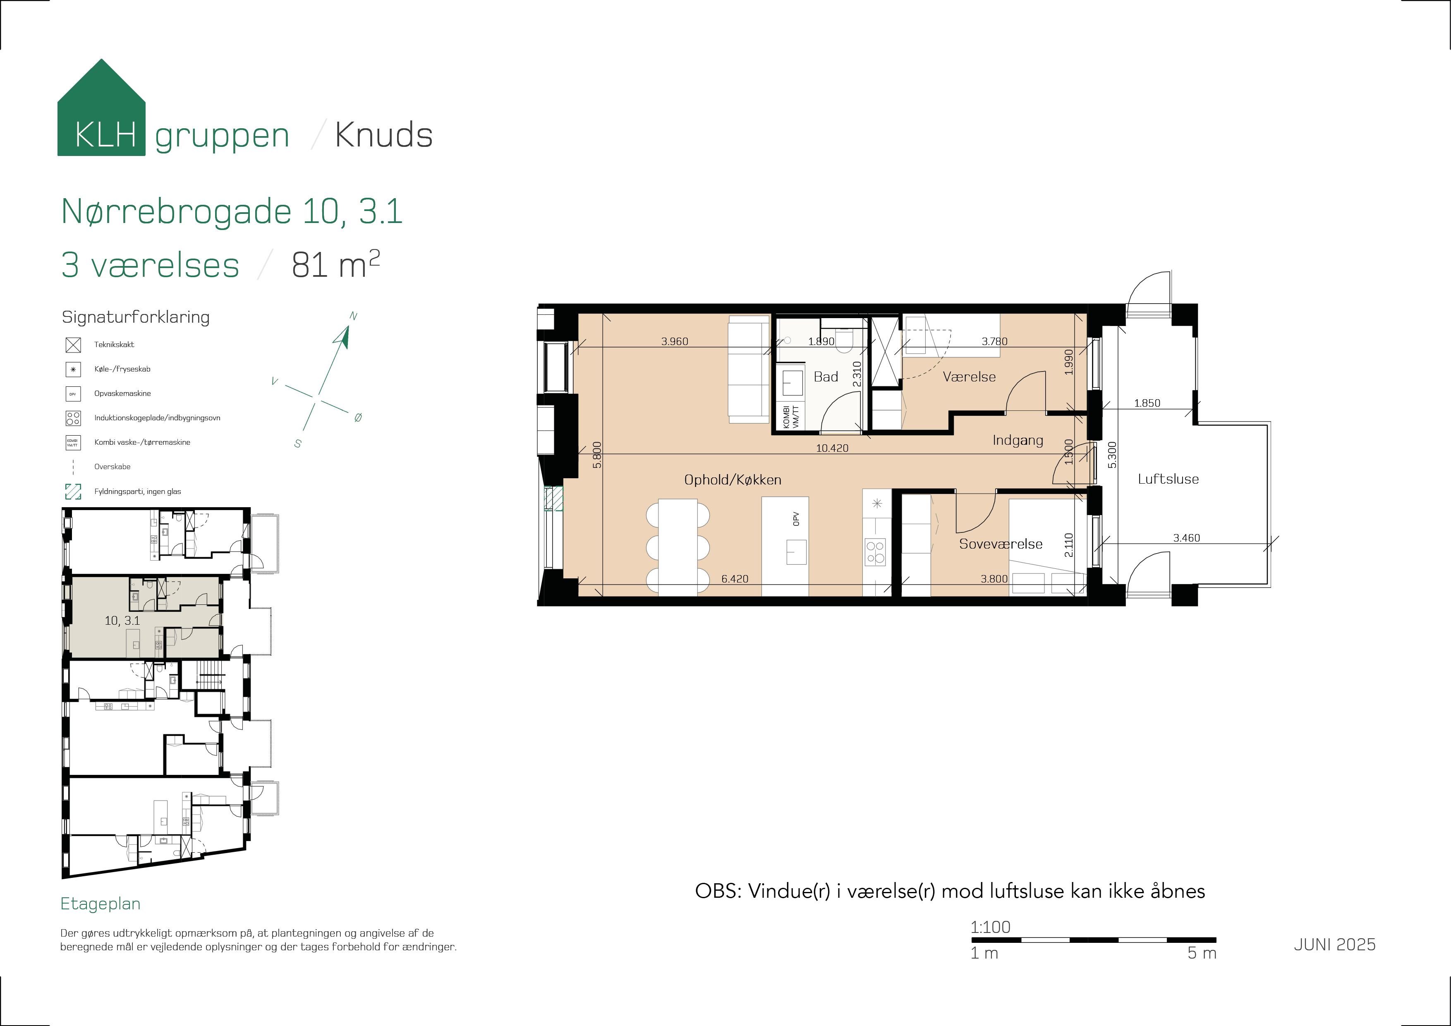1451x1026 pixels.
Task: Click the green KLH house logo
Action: [101, 108]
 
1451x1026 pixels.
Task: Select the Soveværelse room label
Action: [1001, 544]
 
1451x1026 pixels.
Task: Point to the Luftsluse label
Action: [1168, 479]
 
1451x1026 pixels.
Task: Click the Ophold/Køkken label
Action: [733, 480]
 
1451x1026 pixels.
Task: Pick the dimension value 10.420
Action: [832, 448]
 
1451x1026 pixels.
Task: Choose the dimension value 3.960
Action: [674, 341]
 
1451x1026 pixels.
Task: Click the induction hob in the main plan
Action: [875, 552]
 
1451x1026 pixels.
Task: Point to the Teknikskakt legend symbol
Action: [73, 345]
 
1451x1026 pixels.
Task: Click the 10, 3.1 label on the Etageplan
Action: [122, 621]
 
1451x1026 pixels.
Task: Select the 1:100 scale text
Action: [990, 928]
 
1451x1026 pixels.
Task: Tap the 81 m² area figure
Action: [335, 264]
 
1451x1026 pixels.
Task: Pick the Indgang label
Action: [1018, 441]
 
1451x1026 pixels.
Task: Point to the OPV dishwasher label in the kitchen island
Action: [796, 519]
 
